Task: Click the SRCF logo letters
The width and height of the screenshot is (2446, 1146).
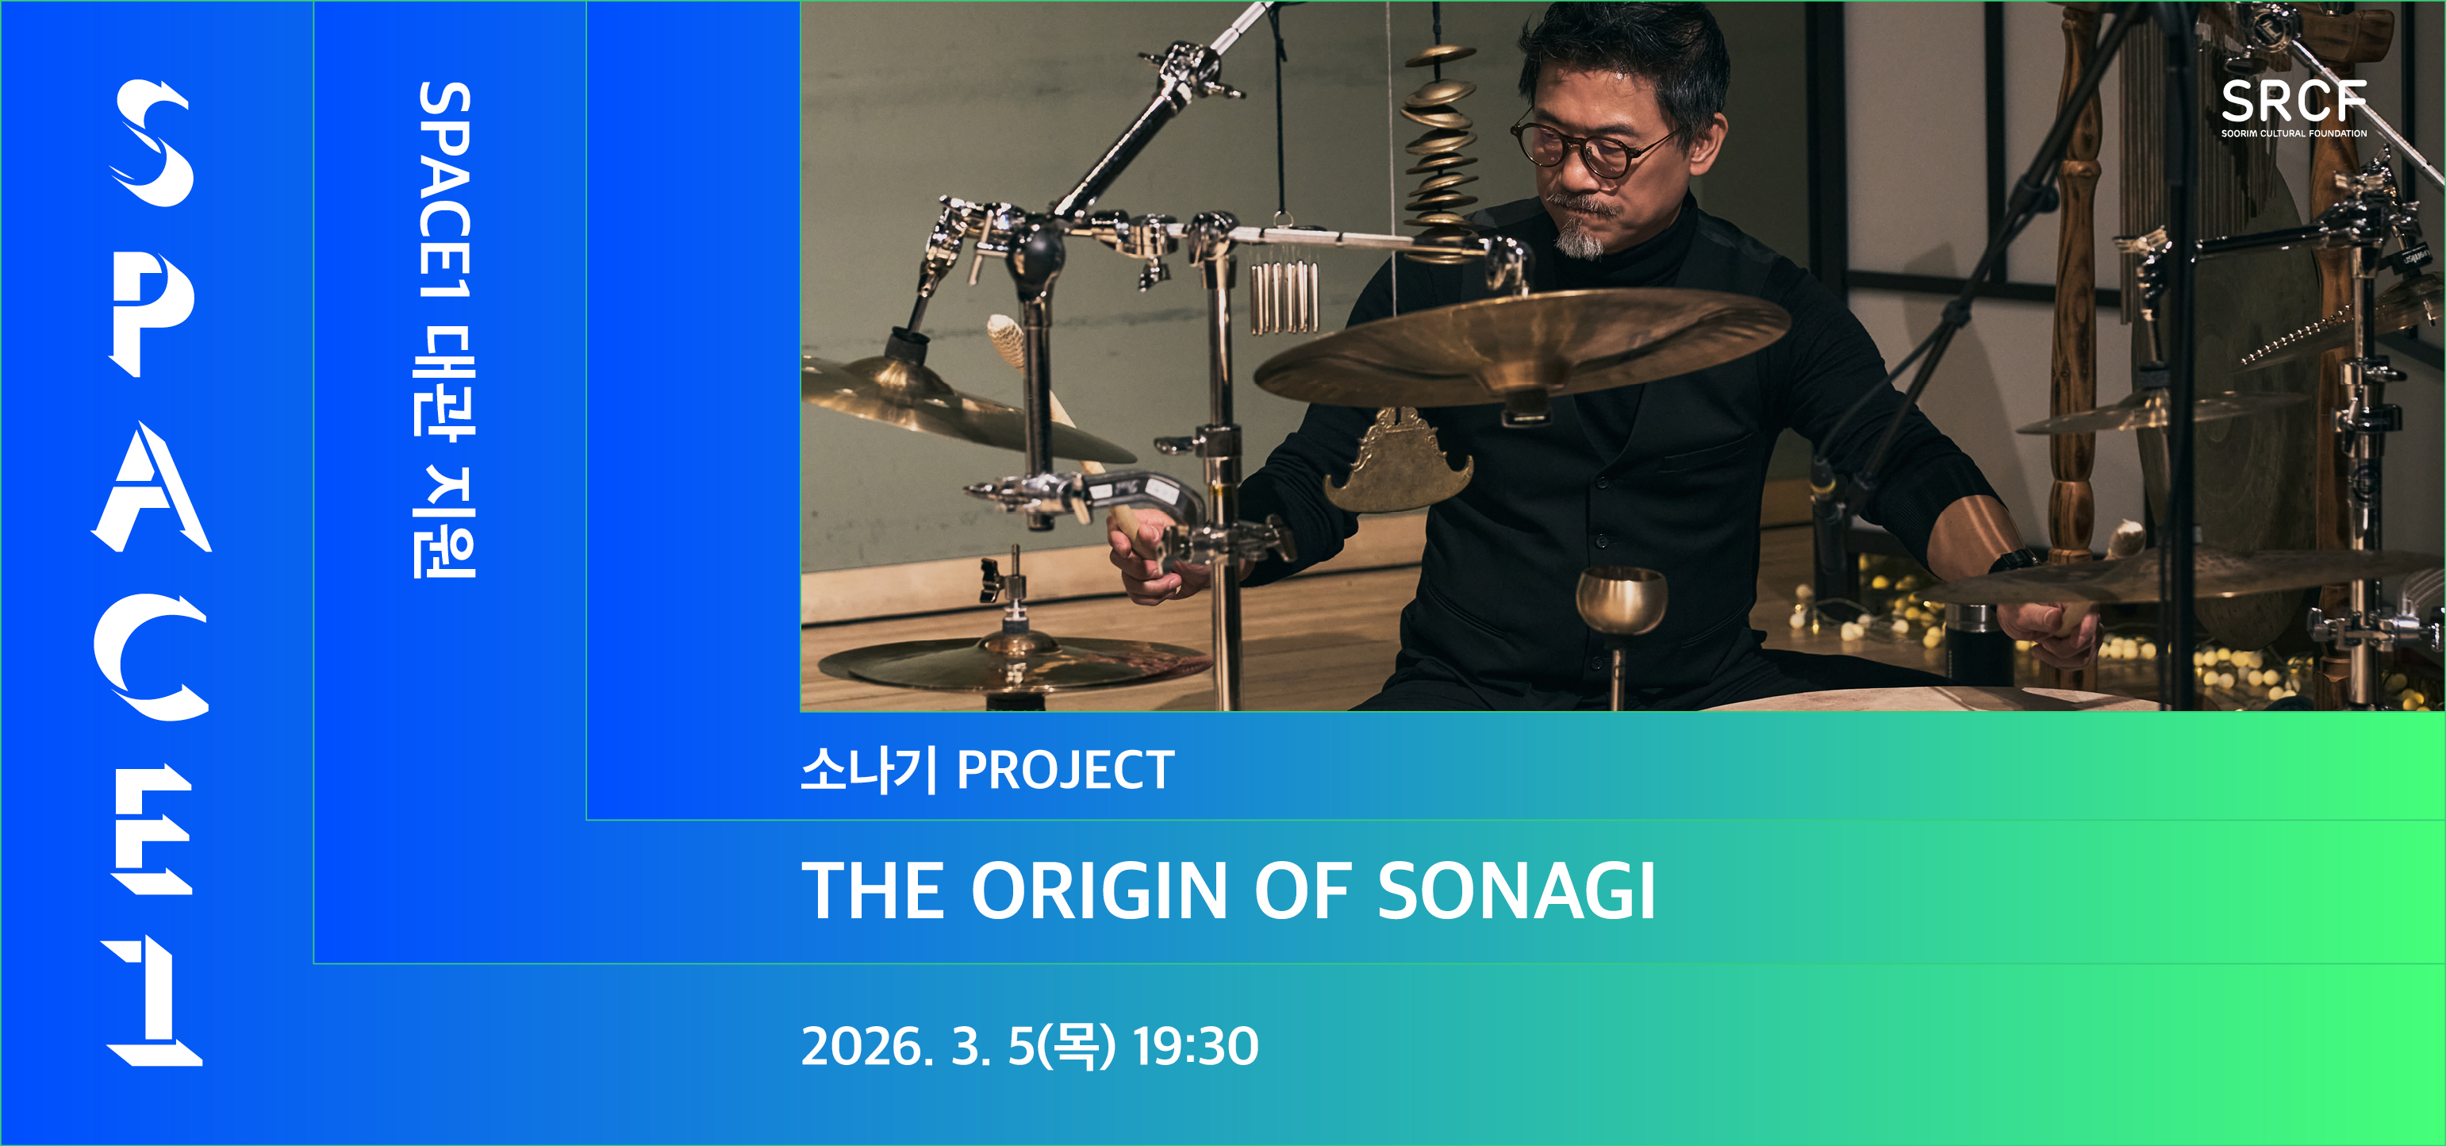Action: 2293,102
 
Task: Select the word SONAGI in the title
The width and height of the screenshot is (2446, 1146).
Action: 1516,890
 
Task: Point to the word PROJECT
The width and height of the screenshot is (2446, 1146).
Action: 1066,770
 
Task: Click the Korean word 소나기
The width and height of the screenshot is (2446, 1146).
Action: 869,770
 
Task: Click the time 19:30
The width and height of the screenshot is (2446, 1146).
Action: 1196,1046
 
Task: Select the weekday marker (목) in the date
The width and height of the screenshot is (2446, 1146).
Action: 1077,1046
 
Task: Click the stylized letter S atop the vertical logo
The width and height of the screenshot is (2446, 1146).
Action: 152,142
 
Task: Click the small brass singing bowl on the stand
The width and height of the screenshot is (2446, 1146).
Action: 1621,600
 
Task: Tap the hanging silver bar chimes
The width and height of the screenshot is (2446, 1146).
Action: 1284,296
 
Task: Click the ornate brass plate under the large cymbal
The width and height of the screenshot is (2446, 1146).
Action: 1398,460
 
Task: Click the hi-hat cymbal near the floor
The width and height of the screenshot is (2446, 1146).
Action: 1014,662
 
